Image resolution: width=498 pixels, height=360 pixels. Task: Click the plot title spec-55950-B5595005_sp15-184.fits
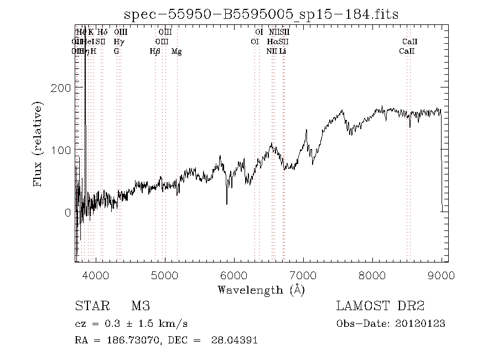pyautogui.click(x=261, y=14)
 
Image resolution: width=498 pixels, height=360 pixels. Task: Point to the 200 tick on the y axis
pyautogui.click(x=65, y=88)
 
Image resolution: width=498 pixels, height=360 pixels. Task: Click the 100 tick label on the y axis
pyautogui.click(x=65, y=150)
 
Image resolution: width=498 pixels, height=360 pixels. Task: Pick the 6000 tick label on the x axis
pyautogui.click(x=234, y=275)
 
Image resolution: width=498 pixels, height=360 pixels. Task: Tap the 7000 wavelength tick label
pyautogui.click(x=303, y=275)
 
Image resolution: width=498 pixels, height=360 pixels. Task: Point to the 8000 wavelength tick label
pyautogui.click(x=372, y=275)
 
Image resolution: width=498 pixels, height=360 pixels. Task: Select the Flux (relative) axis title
pyautogui.click(x=38, y=143)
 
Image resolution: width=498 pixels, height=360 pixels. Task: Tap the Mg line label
pyautogui.click(x=177, y=52)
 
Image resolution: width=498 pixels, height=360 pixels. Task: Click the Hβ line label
pyautogui.click(x=155, y=52)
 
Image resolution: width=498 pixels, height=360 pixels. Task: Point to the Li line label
pyautogui.click(x=283, y=52)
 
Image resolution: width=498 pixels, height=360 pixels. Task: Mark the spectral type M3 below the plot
pyautogui.click(x=140, y=306)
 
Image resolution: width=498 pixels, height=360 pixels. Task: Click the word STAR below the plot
pyautogui.click(x=91, y=306)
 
